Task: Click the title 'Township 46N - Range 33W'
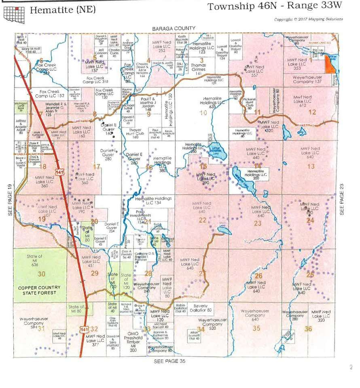pyautogui.click(x=275, y=7)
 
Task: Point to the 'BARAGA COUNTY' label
pyautogui.click(x=174, y=28)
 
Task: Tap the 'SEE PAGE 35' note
pyautogui.click(x=169, y=361)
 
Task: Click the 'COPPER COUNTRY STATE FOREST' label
pyautogui.click(x=39, y=290)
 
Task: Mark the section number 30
pyautogui.click(x=41, y=274)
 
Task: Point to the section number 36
pyautogui.click(x=308, y=329)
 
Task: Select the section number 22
pyautogui.click(x=202, y=220)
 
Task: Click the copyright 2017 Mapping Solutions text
pyautogui.click(x=308, y=19)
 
